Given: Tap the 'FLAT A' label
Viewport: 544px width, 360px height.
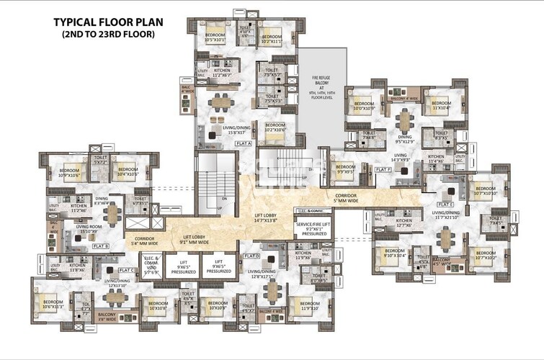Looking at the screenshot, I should (244, 143).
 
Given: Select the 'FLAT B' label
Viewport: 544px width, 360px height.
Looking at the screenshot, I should (101, 246).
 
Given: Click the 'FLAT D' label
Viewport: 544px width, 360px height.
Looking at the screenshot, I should (251, 256).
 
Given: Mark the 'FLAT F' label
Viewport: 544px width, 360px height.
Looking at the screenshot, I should (383, 169).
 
